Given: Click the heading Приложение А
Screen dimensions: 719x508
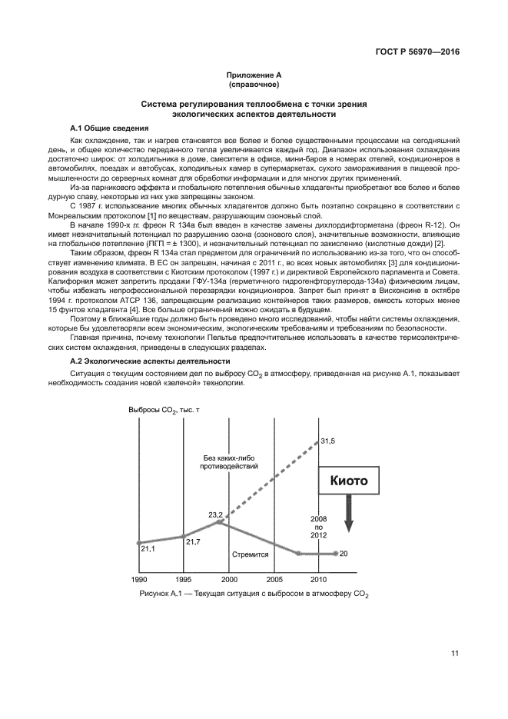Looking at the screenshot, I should click(254, 75).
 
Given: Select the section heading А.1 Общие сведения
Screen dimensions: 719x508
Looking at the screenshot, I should click(109, 128).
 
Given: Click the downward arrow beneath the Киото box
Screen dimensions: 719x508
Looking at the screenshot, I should click(348, 514).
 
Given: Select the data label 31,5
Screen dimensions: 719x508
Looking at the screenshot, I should click(328, 441).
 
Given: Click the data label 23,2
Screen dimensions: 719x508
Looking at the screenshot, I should click(214, 514).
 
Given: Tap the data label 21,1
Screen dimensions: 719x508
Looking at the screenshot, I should click(148, 549).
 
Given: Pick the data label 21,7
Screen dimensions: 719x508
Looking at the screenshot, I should click(193, 542).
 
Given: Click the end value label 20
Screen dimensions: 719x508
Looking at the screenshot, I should click(344, 554).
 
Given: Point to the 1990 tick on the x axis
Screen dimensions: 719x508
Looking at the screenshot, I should click(139, 578).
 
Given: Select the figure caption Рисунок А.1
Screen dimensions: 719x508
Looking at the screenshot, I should click(254, 594).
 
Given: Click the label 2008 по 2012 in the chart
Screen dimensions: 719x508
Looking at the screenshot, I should click(318, 527).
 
